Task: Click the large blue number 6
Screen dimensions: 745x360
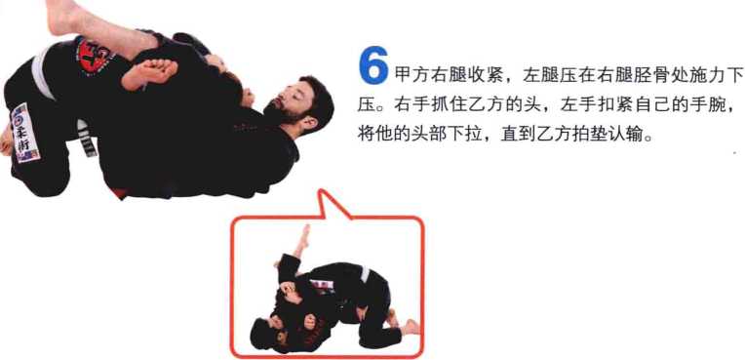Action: pos(373,65)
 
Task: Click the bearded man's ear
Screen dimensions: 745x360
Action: pos(309,125)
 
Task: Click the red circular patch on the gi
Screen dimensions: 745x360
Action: pos(94,55)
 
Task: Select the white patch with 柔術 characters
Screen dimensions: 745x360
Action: pos(25,133)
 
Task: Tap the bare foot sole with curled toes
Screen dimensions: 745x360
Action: pos(149,73)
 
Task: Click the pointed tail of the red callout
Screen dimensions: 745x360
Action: pos(323,191)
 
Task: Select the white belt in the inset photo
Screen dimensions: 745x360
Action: pos(365,274)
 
